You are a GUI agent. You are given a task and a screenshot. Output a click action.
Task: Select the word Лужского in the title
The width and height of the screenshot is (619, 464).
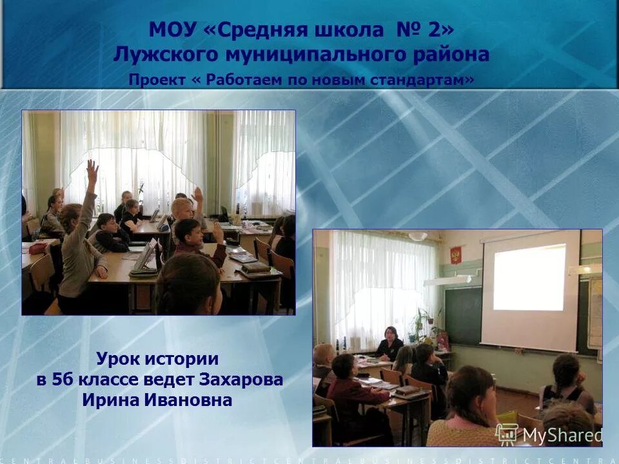tap(157, 55)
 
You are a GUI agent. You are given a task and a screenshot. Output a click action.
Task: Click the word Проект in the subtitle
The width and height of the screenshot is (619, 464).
tap(152, 80)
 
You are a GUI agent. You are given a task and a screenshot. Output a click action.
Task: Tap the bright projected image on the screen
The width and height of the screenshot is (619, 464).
tap(529, 278)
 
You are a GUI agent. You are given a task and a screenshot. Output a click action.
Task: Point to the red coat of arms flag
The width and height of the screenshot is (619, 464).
tap(455, 255)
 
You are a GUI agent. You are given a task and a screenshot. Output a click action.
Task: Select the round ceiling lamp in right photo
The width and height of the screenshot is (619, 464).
tap(418, 236)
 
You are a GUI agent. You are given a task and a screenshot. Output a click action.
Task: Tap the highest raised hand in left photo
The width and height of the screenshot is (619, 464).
tap(92, 168)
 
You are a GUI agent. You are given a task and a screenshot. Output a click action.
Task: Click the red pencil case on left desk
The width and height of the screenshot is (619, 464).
tap(37, 248)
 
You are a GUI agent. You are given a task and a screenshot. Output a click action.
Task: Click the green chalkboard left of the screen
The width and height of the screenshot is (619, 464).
tap(463, 315)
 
